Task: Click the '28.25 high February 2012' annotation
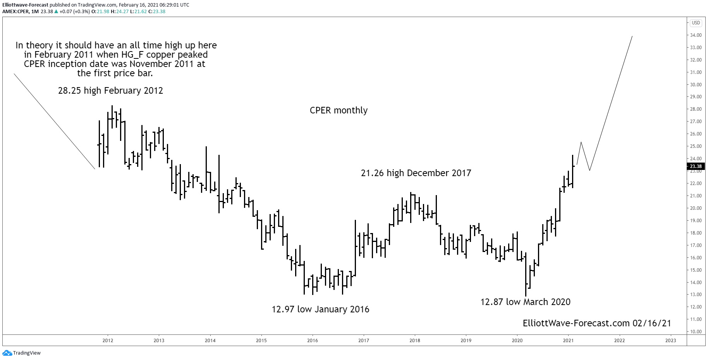[110, 91]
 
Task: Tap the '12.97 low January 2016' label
[320, 309]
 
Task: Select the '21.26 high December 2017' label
[416, 173]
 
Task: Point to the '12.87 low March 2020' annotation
[525, 302]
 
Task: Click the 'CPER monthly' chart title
[339, 110]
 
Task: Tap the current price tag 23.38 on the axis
[696, 166]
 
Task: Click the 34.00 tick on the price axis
[696, 35]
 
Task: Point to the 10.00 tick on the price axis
[696, 332]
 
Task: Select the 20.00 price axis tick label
[696, 208]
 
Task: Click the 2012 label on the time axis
[108, 341]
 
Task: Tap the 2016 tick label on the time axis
[312, 341]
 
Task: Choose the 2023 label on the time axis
[670, 341]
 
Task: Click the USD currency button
[696, 23]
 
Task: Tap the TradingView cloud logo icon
[7, 353]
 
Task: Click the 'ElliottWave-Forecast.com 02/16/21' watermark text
[596, 323]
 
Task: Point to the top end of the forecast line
[632, 37]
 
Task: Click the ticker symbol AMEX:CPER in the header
[15, 12]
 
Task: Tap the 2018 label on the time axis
[414, 341]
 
